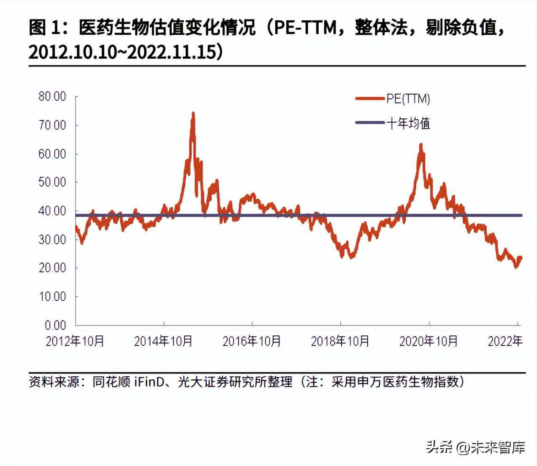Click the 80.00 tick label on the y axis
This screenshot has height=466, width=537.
click(52, 96)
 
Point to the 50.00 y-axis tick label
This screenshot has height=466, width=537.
click(52, 182)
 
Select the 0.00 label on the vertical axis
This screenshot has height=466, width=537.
click(55, 325)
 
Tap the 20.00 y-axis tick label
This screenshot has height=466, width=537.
click(52, 268)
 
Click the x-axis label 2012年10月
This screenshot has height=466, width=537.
click(75, 341)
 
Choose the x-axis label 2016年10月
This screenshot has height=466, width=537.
click(252, 341)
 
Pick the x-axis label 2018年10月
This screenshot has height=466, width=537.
click(340, 341)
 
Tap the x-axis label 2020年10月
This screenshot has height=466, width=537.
click(429, 341)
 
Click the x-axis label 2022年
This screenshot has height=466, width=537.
click(505, 341)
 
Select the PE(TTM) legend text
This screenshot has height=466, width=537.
click(408, 99)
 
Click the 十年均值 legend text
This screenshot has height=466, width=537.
click(408, 123)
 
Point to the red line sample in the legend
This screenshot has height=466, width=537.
click(370, 99)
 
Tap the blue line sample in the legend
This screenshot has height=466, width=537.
click(370, 123)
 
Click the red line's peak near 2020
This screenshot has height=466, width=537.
click(420, 145)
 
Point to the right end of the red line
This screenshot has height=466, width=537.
click(521, 257)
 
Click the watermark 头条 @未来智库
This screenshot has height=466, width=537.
click(475, 447)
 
